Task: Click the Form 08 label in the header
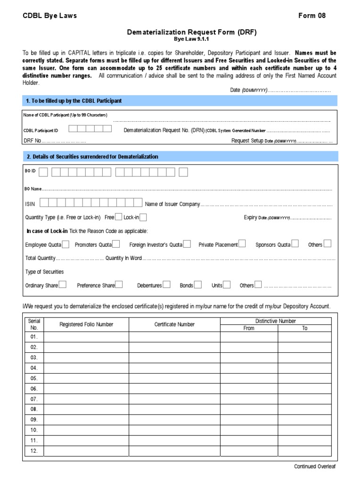point(312,16)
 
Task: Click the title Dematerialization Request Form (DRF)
point(192,32)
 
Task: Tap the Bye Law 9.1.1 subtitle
point(192,39)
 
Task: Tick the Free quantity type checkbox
point(119,217)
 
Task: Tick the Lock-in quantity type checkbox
point(143,217)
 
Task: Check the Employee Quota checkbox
point(66,244)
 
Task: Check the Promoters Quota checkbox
point(116,244)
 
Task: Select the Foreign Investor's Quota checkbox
point(187,244)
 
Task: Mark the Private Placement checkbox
point(242,244)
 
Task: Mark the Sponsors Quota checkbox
point(295,244)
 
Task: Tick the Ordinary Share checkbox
point(63,284)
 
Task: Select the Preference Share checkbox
point(119,284)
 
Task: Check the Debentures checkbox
point(166,284)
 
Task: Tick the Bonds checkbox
point(198,284)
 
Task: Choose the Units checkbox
point(227,284)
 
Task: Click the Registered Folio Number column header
point(86,325)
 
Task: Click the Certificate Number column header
point(174,325)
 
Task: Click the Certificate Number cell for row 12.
point(174,451)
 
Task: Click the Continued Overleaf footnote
point(314,466)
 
